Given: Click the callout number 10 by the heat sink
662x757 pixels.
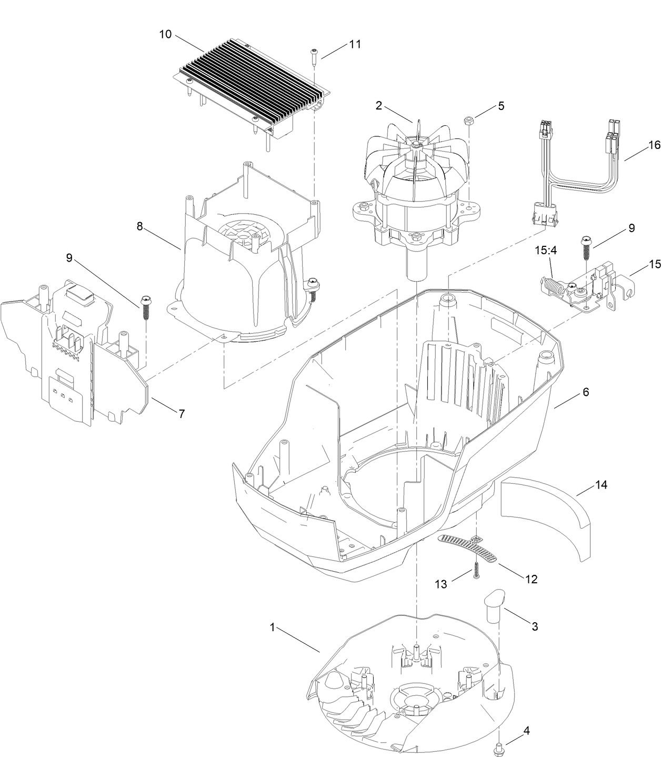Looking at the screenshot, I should point(165,34).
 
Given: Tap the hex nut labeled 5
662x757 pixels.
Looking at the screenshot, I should point(467,122).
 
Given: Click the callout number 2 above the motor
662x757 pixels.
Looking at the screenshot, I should point(378,105).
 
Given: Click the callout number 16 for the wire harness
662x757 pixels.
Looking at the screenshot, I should point(654,145).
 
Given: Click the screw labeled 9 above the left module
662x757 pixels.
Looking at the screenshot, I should point(145,308).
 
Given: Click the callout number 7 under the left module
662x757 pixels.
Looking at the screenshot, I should point(181,414).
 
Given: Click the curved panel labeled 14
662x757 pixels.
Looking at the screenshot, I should point(545,516).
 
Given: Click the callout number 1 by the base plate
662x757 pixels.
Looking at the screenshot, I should point(272,627).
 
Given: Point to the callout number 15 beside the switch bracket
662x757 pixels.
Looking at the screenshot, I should point(654,265).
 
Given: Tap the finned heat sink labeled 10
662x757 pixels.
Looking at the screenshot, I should point(247,84).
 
